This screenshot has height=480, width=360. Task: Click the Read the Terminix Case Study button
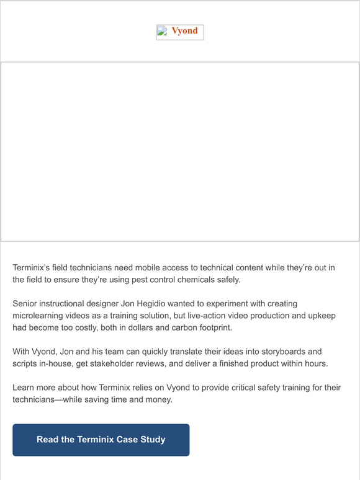click(x=101, y=440)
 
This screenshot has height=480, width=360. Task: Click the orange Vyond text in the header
click(x=185, y=32)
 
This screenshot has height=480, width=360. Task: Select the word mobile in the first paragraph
click(x=135, y=267)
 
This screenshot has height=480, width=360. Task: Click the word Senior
click(x=27, y=304)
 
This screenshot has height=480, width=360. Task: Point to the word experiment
click(x=243, y=304)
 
